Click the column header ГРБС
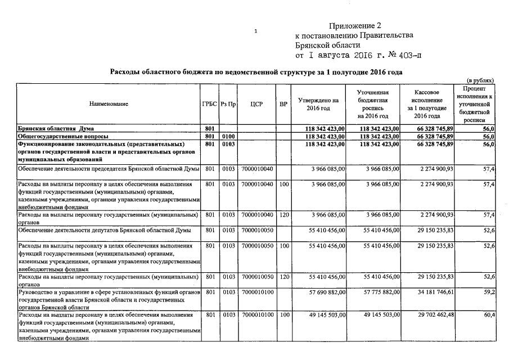[209, 104]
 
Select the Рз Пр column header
[228, 104]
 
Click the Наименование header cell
[109, 104]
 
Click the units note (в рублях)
[481, 80]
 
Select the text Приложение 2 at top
[355, 26]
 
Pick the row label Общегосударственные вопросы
[62, 136]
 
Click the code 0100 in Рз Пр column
[228, 136]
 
